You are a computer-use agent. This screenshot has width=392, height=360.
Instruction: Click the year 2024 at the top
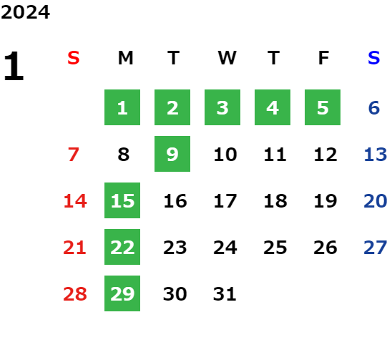click(x=25, y=12)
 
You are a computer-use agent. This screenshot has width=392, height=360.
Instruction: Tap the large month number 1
click(x=14, y=66)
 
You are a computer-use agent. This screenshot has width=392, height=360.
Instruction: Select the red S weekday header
click(x=74, y=58)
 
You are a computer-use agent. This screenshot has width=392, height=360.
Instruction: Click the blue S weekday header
click(x=374, y=58)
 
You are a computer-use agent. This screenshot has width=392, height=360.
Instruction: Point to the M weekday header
click(x=125, y=58)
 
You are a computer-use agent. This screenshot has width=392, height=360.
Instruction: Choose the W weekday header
click(x=227, y=58)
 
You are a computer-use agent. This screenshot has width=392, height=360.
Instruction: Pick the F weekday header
click(x=323, y=58)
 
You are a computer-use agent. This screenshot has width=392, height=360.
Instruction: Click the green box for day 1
click(x=122, y=107)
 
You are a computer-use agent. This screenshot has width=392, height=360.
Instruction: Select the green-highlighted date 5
click(x=323, y=107)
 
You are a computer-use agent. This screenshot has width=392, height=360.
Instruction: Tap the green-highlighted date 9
click(x=172, y=154)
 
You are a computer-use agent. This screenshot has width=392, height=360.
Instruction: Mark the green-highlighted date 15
click(x=122, y=200)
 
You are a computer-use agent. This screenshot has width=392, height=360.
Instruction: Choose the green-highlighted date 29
click(x=122, y=293)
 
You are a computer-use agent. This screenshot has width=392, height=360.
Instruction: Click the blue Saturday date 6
click(x=374, y=108)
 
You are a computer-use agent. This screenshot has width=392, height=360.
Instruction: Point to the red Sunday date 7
click(x=74, y=155)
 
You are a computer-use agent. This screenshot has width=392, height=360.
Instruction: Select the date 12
click(x=325, y=155)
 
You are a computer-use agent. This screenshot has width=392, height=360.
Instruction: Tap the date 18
click(x=275, y=201)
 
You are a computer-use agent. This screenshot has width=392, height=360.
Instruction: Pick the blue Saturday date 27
click(x=376, y=248)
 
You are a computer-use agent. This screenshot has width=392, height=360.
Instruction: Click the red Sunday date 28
click(x=75, y=294)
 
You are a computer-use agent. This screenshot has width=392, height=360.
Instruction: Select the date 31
click(x=225, y=294)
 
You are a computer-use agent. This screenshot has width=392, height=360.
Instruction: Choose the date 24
click(x=225, y=248)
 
